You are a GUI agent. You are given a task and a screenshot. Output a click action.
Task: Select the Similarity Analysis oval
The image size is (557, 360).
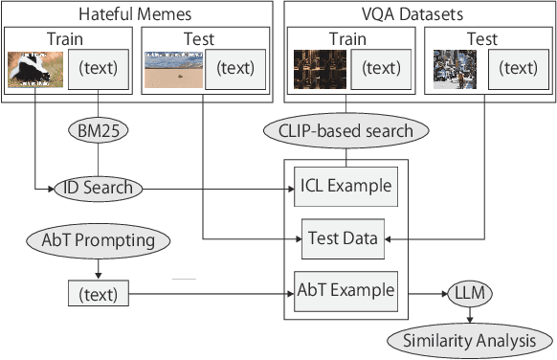(x=469, y=340)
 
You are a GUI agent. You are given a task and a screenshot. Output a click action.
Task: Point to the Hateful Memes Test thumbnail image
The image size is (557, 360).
(x=173, y=69)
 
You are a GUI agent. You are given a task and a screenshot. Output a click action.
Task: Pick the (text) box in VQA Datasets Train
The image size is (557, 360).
(x=381, y=69)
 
